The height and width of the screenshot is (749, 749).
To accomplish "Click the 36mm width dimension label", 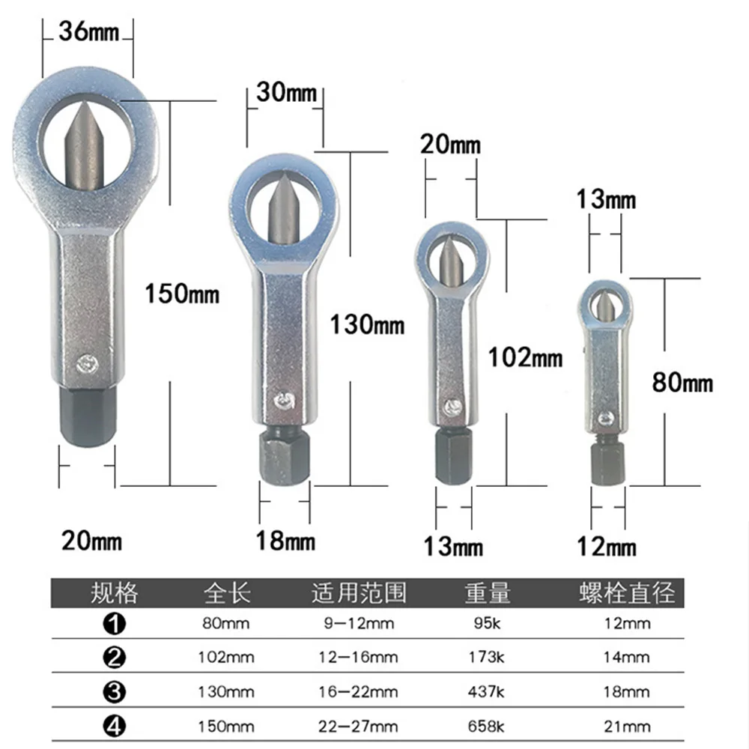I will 88,33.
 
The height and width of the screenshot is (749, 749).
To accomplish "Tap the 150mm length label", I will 182,293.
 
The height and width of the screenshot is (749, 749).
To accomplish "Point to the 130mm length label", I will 367,325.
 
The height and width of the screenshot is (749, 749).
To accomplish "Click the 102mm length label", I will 525,357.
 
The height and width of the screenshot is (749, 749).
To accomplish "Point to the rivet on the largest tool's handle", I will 85,363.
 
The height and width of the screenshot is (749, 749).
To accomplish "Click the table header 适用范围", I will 359,594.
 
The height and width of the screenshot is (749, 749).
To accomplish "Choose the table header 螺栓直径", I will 627,594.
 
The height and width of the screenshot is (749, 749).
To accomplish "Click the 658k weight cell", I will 488,727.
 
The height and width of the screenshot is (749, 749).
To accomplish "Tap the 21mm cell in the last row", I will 627,727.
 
